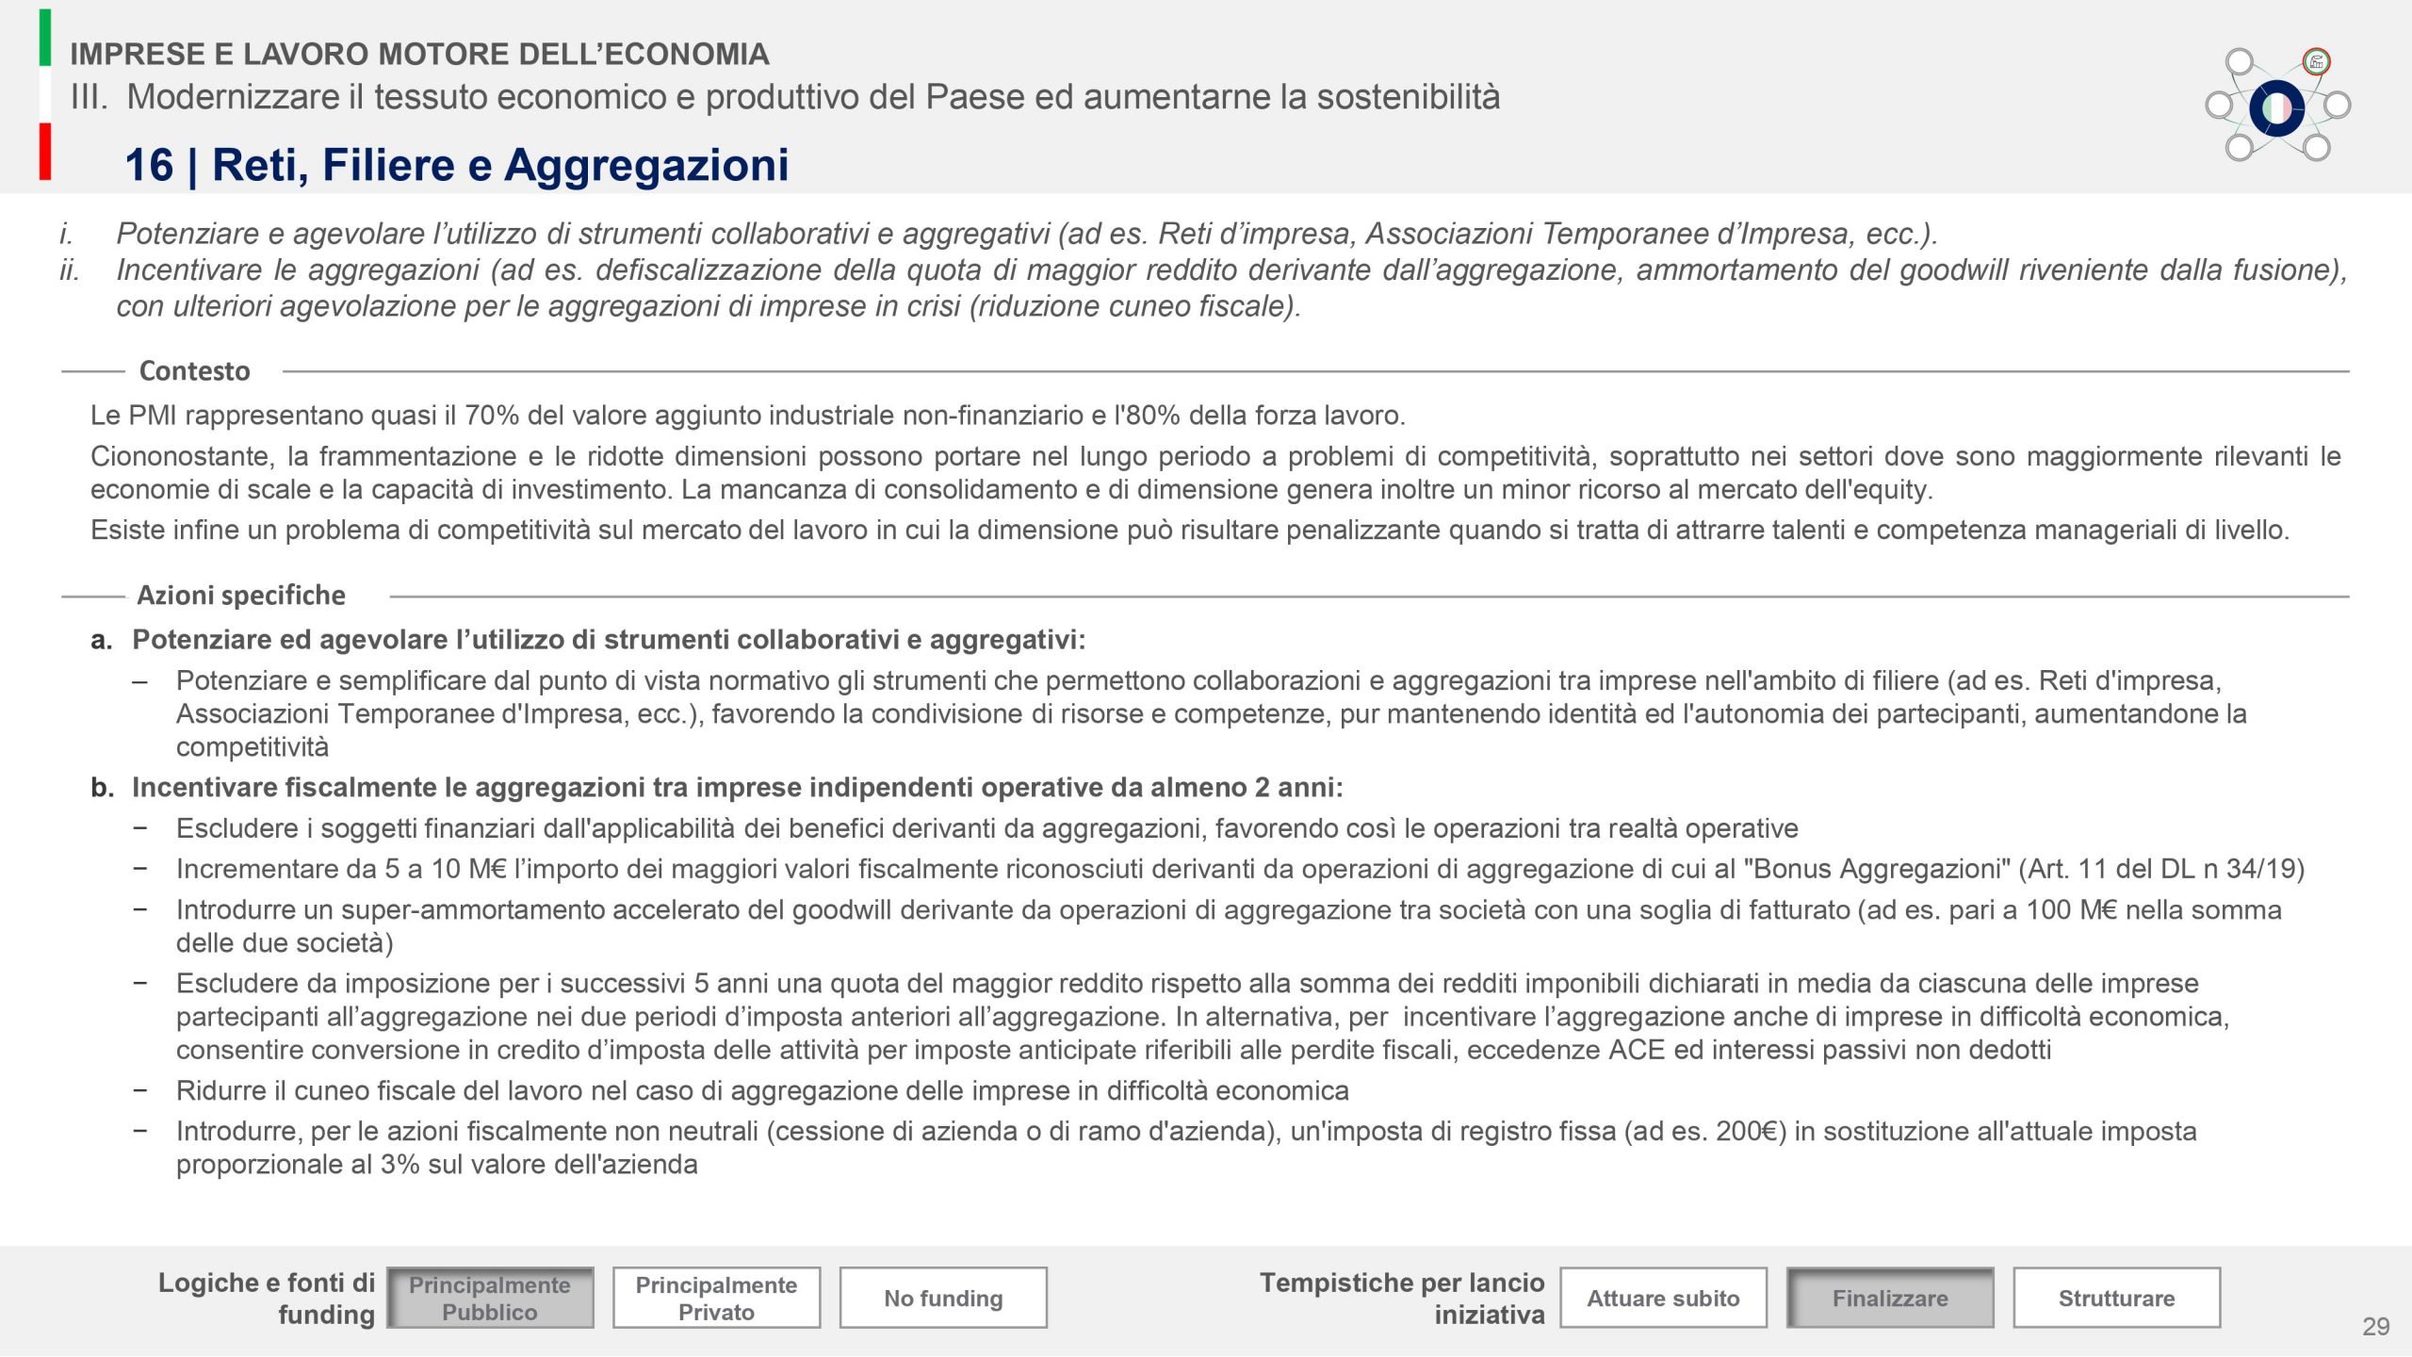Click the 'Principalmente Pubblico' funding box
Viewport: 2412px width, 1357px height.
point(490,1298)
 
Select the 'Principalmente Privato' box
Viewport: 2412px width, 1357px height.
point(716,1298)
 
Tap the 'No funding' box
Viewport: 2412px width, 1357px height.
point(943,1298)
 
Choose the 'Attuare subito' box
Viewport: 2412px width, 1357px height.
point(1663,1298)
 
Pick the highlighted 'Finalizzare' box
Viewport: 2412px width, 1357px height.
point(1890,1298)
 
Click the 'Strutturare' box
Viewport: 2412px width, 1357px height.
point(2116,1298)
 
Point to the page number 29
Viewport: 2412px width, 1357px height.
point(2375,1327)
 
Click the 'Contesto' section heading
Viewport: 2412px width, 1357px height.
point(194,371)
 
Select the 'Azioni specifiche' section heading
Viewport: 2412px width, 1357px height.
point(241,596)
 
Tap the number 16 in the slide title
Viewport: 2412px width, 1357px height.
point(149,165)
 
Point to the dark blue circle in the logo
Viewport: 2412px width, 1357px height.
point(2276,108)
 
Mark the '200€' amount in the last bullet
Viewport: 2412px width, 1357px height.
point(1750,1131)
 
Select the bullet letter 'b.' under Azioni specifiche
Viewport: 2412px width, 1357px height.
point(102,788)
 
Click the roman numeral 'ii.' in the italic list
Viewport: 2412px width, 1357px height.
point(70,270)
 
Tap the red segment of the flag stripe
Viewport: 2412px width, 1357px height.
point(45,152)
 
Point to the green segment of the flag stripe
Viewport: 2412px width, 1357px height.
point(45,38)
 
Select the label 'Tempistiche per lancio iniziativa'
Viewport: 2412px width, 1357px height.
point(1402,1298)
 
